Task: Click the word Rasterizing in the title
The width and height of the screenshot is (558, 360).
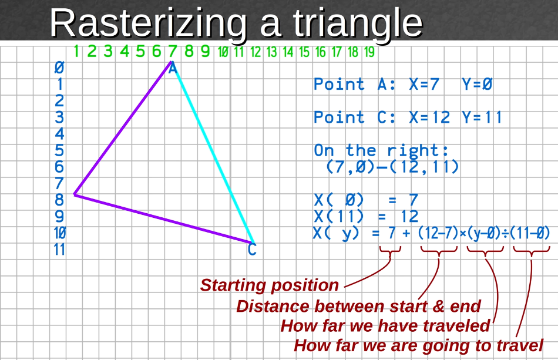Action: click(147, 23)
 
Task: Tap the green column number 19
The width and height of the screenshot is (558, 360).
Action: click(369, 52)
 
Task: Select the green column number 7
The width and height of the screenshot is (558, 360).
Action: click(173, 52)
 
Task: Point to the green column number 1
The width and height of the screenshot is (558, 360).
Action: click(76, 52)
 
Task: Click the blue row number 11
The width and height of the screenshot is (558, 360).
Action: click(59, 250)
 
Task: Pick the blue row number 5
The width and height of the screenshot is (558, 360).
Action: click(59, 151)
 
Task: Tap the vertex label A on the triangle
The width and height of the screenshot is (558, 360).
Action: click(173, 69)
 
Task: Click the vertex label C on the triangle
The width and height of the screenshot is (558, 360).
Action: click(252, 251)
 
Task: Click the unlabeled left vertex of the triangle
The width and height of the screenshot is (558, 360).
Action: click(75, 194)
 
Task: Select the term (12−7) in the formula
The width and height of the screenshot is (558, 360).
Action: click(438, 233)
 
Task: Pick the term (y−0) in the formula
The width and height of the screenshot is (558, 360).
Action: click(485, 233)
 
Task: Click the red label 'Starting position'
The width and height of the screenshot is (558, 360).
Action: click(270, 285)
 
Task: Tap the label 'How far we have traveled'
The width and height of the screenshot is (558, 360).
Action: click(385, 325)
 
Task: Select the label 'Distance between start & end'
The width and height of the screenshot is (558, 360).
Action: click(358, 306)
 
